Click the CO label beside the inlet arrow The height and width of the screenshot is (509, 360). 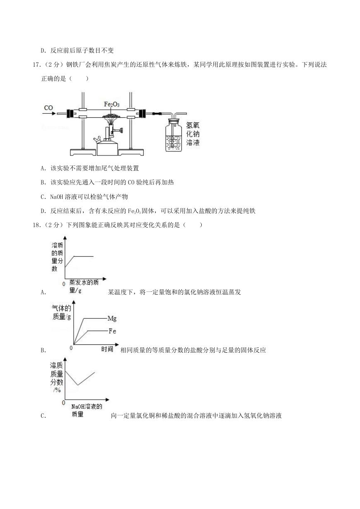coord(48,108)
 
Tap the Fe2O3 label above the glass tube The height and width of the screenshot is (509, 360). coord(111,104)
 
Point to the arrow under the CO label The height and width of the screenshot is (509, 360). coord(49,113)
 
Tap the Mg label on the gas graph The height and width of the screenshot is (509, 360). coord(112,319)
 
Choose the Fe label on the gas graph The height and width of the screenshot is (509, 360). coord(112,331)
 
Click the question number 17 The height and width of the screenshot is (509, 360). coord(36,65)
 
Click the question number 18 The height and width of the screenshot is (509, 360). coord(36,225)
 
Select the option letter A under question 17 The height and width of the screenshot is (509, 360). coord(43,168)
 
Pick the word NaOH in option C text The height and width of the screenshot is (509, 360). coord(56,197)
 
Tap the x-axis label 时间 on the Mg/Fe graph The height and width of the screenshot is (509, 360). coord(107,349)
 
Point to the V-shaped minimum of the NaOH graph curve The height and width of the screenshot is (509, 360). coord(78,385)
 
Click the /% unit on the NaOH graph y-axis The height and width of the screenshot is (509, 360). coord(57,390)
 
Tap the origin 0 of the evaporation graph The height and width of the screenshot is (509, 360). coord(64,284)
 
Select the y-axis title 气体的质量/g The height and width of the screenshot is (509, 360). coord(61,312)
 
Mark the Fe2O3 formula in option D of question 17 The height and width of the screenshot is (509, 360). coord(135,211)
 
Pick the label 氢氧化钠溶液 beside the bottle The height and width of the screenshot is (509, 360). coord(193,134)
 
